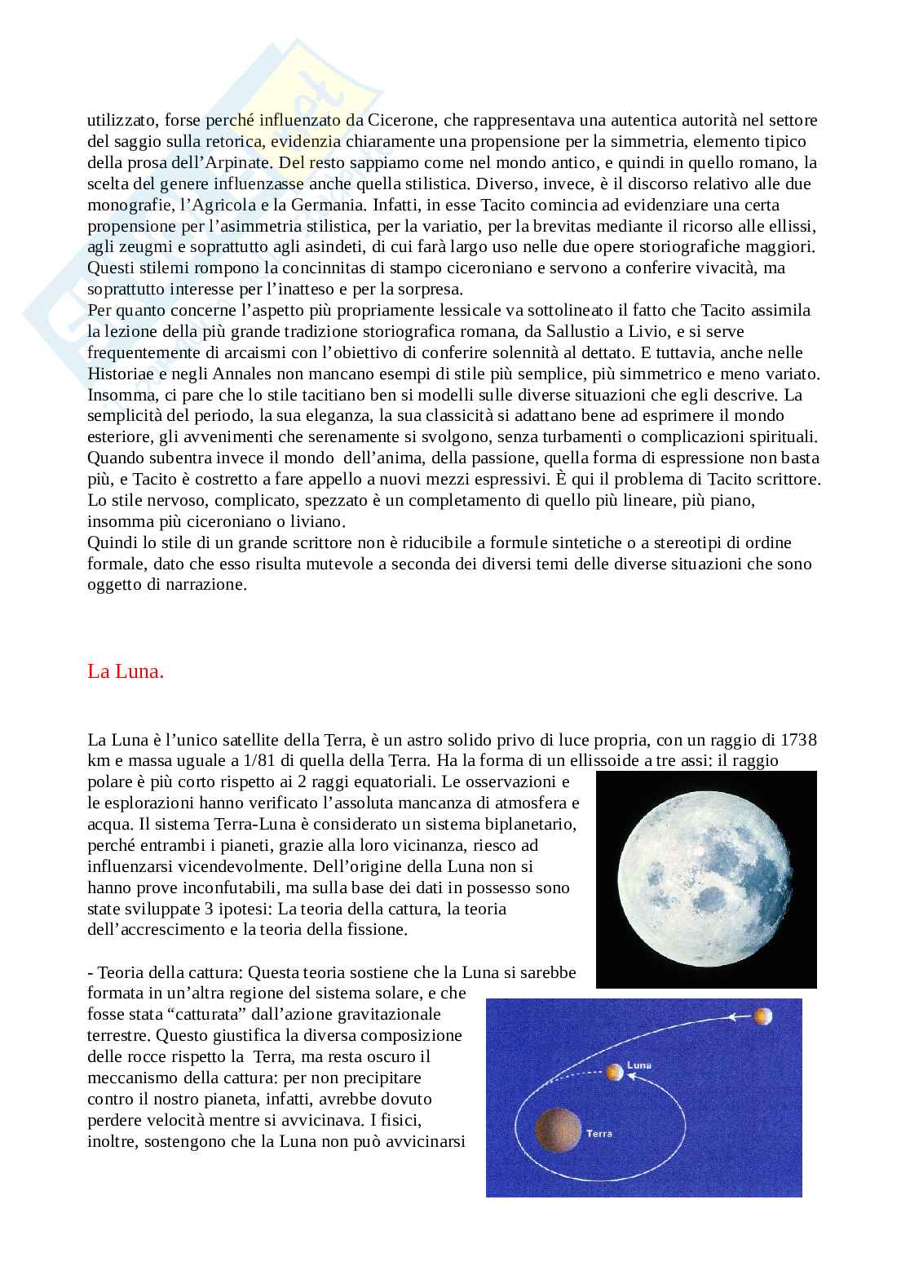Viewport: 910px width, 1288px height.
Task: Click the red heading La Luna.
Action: tap(126, 672)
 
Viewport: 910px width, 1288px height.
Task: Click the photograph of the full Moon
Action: tap(705, 879)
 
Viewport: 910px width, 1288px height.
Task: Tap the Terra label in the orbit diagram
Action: tap(599, 1133)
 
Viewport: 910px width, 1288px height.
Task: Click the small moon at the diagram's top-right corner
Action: tap(763, 1016)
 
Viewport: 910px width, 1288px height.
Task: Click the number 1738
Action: tap(799, 740)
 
